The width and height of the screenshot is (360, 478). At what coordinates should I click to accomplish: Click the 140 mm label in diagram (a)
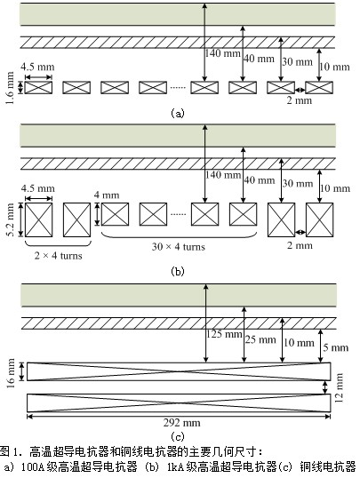[222, 53]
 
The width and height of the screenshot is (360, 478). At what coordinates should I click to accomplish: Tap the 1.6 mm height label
[10, 88]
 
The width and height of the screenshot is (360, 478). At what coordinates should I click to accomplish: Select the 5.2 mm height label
[10, 219]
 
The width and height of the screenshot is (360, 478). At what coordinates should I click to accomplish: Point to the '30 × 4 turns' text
[179, 246]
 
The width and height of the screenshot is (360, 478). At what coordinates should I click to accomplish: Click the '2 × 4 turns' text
[58, 256]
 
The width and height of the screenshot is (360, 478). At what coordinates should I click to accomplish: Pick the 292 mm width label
[182, 423]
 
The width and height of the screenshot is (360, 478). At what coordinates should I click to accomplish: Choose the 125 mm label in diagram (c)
[224, 334]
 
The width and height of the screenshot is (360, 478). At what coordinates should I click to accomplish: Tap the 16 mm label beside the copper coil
[10, 373]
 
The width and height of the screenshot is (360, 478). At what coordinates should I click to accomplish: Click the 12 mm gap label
[339, 387]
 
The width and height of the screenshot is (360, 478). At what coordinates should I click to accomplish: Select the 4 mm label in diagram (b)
[107, 195]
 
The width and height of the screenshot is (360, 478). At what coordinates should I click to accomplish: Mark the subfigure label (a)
[178, 114]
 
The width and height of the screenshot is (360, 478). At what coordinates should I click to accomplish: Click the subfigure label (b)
[178, 271]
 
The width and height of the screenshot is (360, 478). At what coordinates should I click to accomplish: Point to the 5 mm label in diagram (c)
[336, 347]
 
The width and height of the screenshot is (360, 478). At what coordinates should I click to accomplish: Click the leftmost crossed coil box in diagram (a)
[38, 87]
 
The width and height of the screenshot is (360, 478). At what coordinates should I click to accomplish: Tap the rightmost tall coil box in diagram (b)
[319, 219]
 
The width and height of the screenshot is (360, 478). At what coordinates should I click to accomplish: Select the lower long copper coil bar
[179, 403]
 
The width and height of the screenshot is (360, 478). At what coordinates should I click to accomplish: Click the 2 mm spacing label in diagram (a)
[300, 100]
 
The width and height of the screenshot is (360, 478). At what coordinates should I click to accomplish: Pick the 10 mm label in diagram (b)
[335, 188]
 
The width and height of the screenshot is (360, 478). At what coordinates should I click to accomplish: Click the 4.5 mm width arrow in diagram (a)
[38, 76]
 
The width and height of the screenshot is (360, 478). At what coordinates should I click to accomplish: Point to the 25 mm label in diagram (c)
[260, 339]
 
